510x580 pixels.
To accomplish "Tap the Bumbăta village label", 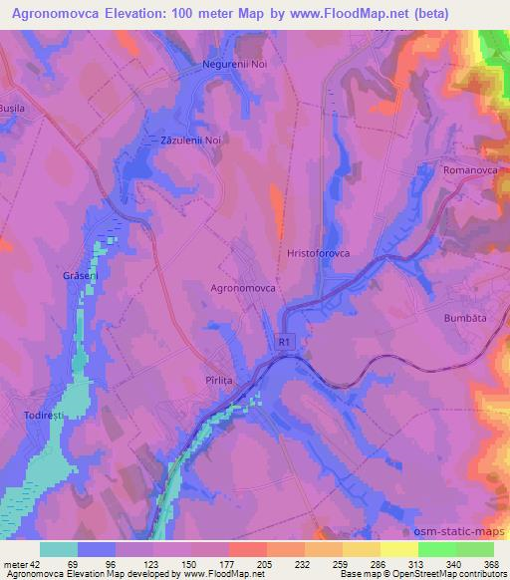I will click(x=463, y=317).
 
